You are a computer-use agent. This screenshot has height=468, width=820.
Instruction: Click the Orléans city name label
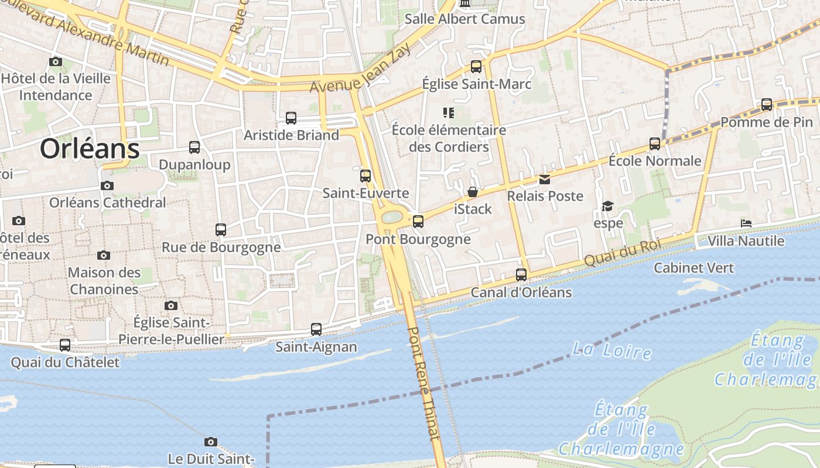click(90, 149)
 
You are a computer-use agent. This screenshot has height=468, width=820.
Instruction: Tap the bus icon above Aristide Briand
click(291, 118)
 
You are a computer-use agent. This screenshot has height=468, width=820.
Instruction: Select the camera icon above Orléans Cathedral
click(107, 186)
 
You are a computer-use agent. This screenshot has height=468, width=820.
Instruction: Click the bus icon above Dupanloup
click(194, 147)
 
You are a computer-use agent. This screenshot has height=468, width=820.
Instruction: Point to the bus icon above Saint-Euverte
click(365, 175)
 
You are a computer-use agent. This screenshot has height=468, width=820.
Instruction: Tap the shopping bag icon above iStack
click(473, 192)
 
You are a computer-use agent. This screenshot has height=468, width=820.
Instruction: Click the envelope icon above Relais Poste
click(545, 180)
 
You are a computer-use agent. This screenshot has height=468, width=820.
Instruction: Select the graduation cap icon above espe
click(607, 207)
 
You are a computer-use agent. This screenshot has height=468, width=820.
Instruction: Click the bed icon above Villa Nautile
click(746, 223)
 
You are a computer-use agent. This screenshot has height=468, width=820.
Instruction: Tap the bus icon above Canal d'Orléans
click(521, 274)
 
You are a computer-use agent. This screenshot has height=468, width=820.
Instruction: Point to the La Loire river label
click(611, 351)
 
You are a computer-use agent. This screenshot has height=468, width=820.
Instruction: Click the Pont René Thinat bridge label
click(423, 383)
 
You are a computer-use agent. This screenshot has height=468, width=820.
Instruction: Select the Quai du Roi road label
click(623, 253)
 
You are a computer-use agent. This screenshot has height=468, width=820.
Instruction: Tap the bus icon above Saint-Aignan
click(316, 329)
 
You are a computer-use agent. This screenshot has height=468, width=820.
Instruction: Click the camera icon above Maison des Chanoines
click(104, 256)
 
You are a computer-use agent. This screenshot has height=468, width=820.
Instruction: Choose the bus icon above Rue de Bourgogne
click(221, 230)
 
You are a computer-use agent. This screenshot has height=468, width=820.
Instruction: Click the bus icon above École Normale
click(655, 144)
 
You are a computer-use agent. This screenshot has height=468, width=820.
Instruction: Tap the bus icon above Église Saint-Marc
click(476, 67)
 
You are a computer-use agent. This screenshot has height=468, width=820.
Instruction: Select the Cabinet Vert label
click(693, 268)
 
